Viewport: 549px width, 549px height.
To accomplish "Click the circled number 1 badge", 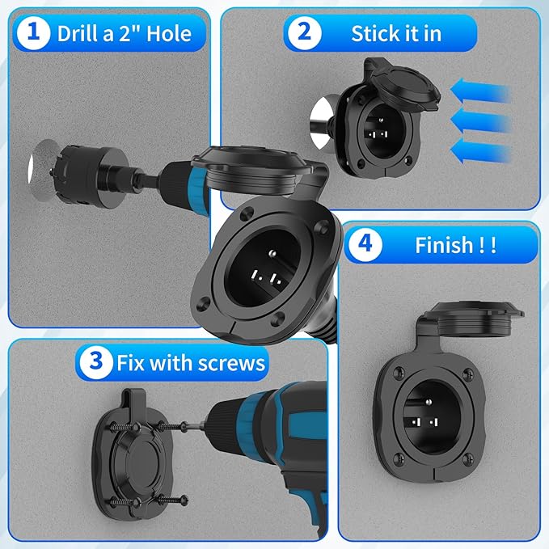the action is coord(33,32).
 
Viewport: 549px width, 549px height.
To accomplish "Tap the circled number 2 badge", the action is coord(304,32).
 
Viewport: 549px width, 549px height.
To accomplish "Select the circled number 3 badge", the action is coord(96,362).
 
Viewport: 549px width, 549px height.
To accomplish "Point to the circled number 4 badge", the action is coord(365,244).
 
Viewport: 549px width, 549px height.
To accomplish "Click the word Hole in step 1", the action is coord(169,34).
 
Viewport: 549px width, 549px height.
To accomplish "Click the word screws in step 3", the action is coord(231,363).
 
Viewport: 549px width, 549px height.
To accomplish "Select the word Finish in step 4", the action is coord(444,245).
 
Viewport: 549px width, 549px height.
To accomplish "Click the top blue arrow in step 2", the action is coord(480,91).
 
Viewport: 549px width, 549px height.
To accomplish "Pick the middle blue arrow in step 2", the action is coord(480,120).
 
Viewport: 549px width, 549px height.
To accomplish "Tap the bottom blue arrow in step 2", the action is coord(480,151).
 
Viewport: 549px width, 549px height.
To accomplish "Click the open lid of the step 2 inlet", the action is coord(403,84).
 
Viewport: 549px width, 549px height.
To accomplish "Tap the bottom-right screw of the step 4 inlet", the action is coord(468,458).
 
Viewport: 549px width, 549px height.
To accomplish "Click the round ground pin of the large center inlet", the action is coord(272,253).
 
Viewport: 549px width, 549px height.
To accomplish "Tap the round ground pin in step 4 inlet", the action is coord(429,401).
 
